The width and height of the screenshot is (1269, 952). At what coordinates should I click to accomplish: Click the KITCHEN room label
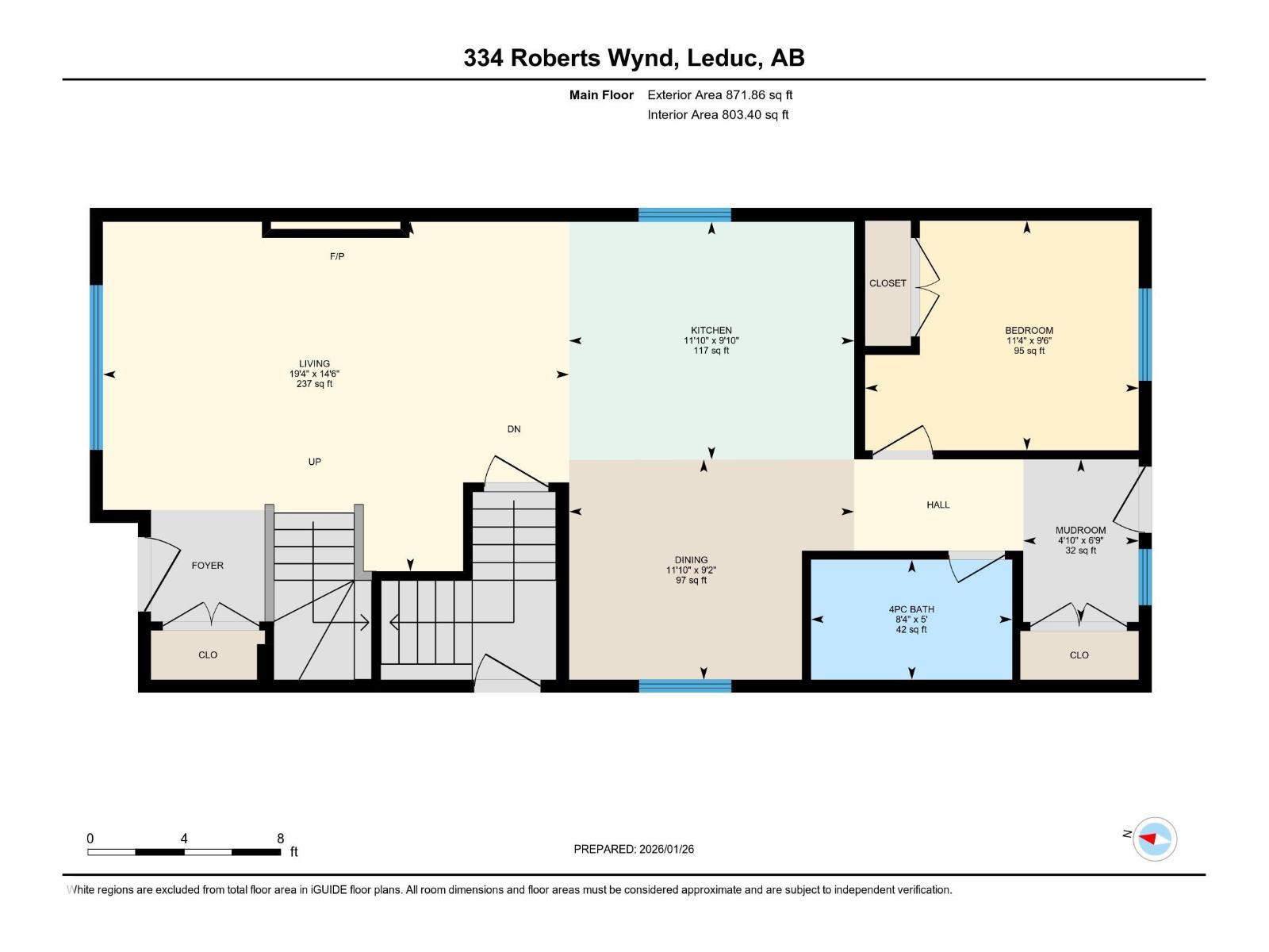point(711,330)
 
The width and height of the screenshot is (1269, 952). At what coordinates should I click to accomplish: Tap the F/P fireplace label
point(337,256)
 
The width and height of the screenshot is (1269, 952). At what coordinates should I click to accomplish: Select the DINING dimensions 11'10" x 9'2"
point(691,570)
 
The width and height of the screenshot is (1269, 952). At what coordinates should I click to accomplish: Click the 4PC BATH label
point(911,609)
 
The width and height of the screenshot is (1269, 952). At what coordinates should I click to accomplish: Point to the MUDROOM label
point(1080,530)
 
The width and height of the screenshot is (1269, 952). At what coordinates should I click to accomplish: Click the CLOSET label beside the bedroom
point(888,283)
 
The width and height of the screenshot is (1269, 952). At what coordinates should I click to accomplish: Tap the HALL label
point(937,505)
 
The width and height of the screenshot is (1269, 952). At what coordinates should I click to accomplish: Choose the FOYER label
point(208,566)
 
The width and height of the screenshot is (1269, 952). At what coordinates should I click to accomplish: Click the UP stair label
point(315,462)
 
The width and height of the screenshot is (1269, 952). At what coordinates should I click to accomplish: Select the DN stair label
point(514,429)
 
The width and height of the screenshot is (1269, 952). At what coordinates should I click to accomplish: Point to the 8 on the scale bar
point(280,839)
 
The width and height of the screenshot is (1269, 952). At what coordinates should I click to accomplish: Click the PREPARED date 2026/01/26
point(665,849)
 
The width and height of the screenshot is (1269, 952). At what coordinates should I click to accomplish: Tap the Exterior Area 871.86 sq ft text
point(719,95)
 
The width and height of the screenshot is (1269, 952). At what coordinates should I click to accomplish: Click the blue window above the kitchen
point(684,214)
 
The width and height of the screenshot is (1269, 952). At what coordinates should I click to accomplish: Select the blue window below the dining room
point(684,686)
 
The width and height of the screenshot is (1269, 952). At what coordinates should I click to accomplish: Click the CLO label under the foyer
point(208,655)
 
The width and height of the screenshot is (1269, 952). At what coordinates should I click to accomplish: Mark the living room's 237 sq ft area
point(314,384)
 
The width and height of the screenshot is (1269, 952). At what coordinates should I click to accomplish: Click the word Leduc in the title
point(724,58)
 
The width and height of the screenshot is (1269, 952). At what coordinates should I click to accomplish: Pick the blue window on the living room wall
point(96,367)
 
